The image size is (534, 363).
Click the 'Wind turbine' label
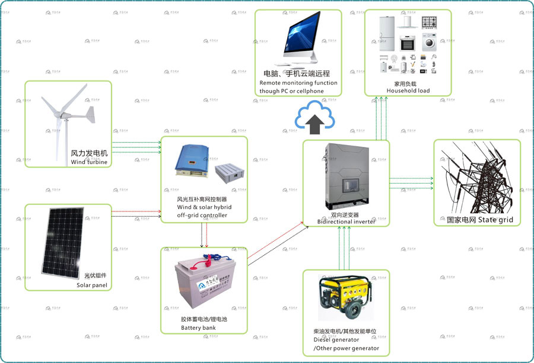[x=89, y=162]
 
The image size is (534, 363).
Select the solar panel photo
[x=61, y=245]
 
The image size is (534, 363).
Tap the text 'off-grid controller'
[x=202, y=216]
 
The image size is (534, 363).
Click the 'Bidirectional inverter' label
[x=347, y=221]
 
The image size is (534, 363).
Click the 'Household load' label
[x=408, y=91]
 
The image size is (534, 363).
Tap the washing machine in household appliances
[x=430, y=43]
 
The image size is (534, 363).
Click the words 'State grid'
[x=495, y=220]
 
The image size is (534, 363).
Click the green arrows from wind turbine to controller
[x=136, y=147]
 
